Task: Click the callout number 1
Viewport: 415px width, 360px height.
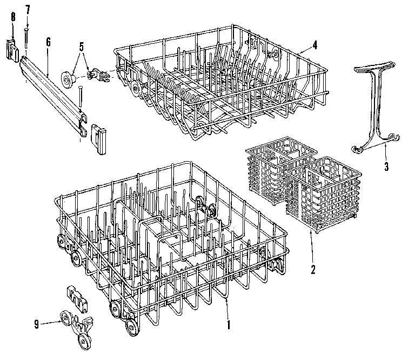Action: tap(229, 325)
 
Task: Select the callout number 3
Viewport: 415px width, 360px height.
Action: tap(386, 166)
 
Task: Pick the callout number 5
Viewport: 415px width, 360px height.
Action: tap(81, 46)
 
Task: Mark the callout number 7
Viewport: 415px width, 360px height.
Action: tap(27, 9)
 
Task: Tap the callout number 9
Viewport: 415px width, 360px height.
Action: tap(37, 324)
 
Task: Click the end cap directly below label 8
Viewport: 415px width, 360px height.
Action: tap(13, 49)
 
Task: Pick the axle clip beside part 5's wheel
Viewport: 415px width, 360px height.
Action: tap(99, 75)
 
